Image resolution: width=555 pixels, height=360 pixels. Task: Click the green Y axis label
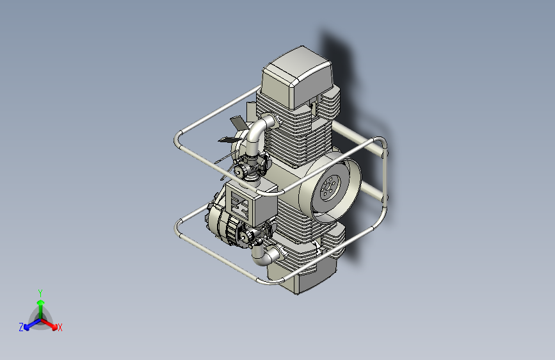40,291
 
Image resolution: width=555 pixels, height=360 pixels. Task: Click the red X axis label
60,327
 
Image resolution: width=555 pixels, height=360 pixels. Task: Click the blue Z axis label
21,327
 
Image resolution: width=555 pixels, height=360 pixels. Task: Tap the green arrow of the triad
40,304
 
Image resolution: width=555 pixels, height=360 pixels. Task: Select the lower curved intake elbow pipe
265,256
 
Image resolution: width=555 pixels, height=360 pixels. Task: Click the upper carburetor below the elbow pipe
246,168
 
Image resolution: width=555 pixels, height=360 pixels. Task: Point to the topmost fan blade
237,122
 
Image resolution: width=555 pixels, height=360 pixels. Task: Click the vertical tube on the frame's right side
385,173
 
